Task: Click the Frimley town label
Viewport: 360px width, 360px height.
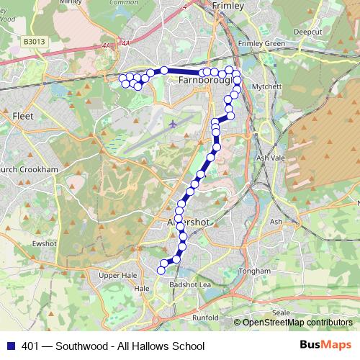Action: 228,6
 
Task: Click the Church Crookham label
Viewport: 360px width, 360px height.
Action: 27,169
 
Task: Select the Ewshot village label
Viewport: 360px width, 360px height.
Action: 44,243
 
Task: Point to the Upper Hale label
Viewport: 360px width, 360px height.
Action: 117,274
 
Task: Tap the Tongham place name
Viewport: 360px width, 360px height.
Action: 256,271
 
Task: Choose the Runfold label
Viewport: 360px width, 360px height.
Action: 205,317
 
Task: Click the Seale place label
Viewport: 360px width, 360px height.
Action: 282,313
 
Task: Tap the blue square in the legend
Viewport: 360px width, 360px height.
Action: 10,345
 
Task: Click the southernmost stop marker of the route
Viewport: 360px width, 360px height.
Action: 161,270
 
